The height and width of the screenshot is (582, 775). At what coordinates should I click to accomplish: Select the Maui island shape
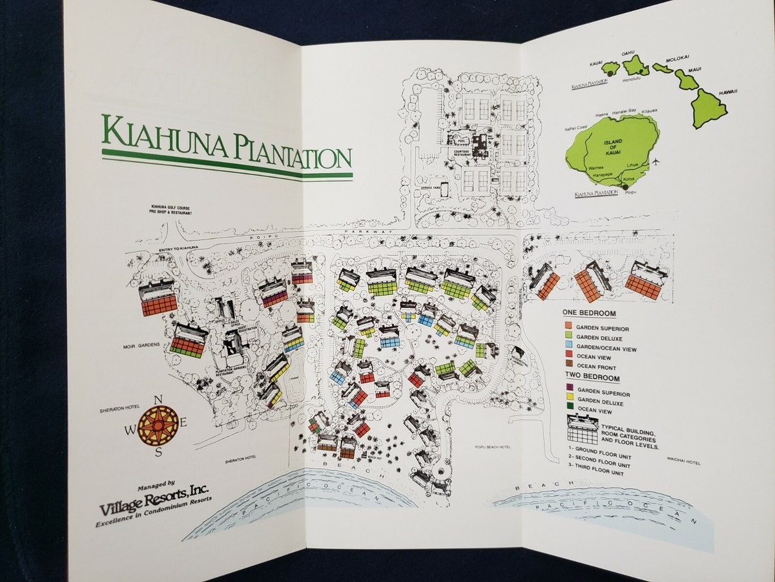click(x=686, y=78)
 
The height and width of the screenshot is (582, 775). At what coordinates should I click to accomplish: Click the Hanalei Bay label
click(x=614, y=111)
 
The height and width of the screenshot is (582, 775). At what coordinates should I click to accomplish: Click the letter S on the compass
click(x=159, y=452)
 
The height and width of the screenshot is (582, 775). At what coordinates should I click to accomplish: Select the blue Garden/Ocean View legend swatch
click(x=568, y=349)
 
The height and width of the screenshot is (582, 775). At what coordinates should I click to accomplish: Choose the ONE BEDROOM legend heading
click(x=588, y=314)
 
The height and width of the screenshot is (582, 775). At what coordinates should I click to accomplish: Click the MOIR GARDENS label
click(x=138, y=345)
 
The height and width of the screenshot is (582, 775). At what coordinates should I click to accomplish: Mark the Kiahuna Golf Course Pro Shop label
click(x=171, y=208)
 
